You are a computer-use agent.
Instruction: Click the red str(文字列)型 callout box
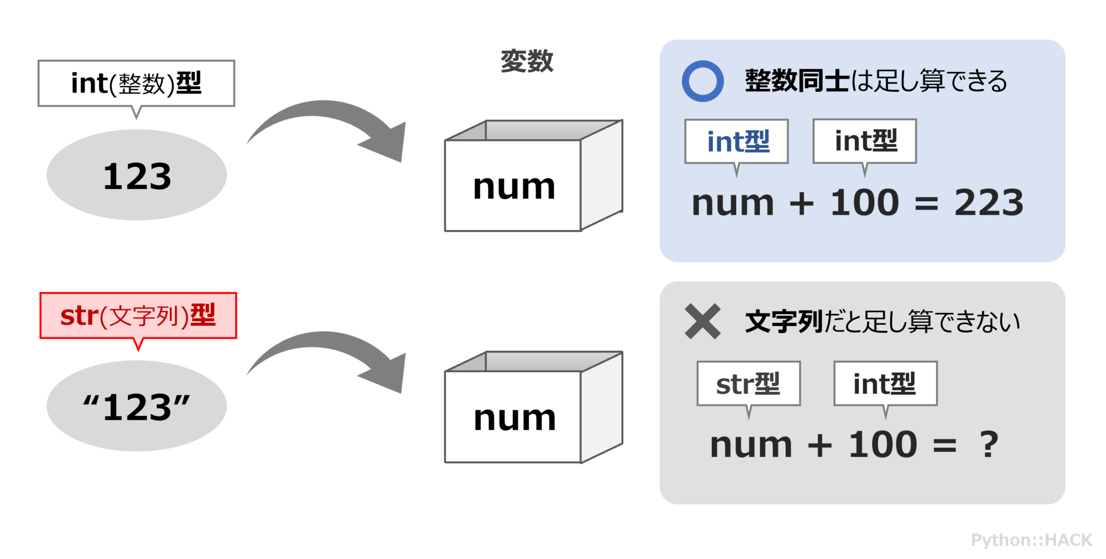click(x=138, y=316)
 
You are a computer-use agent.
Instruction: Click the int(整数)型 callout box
click(x=136, y=83)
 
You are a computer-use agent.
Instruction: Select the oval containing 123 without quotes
click(x=137, y=175)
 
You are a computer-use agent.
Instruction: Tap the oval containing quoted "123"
click(x=137, y=406)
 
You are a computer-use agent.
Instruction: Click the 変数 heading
click(x=527, y=60)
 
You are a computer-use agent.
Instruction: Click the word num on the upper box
click(x=514, y=187)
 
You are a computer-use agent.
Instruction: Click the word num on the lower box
click(x=514, y=418)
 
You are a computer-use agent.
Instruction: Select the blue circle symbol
click(x=703, y=81)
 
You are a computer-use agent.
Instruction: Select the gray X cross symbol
click(x=703, y=321)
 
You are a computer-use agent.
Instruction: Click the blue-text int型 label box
click(x=737, y=141)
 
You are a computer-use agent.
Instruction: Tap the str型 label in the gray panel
click(x=748, y=384)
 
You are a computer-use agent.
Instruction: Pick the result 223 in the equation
click(x=988, y=203)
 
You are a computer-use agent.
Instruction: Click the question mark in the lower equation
click(x=989, y=445)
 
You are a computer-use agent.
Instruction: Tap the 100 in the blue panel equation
click(x=864, y=203)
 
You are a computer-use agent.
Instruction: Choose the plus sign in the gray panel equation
click(x=820, y=446)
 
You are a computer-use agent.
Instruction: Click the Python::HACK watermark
click(x=1031, y=540)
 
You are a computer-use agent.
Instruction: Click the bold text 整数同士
click(x=797, y=81)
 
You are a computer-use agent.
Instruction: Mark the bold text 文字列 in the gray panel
click(x=783, y=322)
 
